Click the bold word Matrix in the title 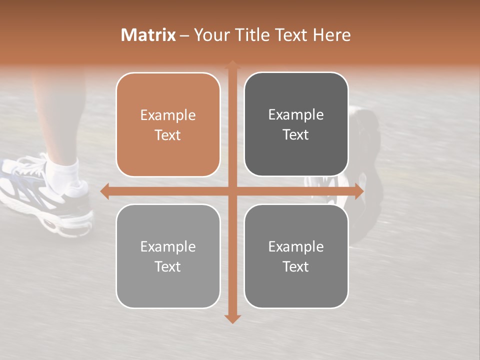148,35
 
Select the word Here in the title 331,35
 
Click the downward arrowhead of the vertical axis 232,318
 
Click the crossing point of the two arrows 232,191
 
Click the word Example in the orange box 168,115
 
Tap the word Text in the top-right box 296,135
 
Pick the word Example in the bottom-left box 168,247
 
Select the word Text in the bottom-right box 296,267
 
